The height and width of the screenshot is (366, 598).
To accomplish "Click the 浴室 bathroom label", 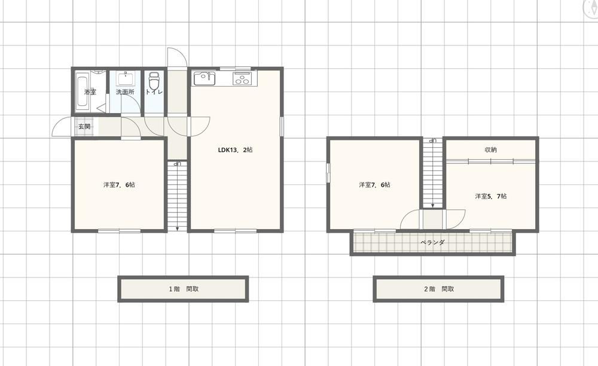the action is point(90,92).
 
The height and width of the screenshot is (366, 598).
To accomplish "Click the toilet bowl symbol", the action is point(154,81).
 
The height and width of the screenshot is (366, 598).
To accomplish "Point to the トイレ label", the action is point(154,92).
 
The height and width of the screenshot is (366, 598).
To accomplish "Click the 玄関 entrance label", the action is point(84,126).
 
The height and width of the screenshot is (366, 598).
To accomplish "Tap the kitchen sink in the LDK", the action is point(205,78).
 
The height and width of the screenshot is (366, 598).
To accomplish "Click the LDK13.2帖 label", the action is point(235,150).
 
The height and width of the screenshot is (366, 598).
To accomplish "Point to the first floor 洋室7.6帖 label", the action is point(119,185).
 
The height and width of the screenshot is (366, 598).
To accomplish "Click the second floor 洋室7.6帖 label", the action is point(374,185).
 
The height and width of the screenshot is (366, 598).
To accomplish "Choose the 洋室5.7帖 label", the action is point(491,196).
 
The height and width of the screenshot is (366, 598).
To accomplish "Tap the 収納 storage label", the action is point(491,150).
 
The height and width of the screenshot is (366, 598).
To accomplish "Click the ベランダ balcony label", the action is point(432,242).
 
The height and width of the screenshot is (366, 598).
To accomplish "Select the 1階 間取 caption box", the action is point(183,289).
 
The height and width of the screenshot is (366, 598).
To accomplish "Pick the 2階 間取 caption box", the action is point(438,289).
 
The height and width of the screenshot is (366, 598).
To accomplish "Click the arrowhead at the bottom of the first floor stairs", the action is point(178,228).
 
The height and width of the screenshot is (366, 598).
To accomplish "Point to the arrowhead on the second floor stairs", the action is point(432,206).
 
